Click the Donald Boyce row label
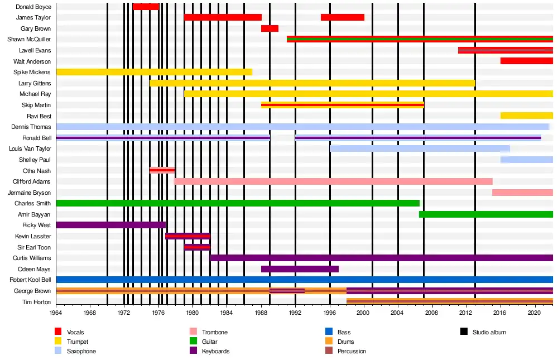pos(33,7)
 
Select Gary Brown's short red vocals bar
pos(270,28)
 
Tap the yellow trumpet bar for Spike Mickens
pos(154,72)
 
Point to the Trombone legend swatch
pos(194,332)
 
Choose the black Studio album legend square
pos(464,332)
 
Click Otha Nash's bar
pos(162,170)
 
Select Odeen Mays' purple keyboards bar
pos(300,269)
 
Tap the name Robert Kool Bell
pos(30,280)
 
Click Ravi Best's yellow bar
pos(526,116)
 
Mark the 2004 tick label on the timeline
pos(398,314)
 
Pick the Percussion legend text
pos(352,351)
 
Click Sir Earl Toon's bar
pos(197,247)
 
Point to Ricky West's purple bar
pos(110,225)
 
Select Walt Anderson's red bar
pos(526,61)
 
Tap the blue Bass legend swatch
pos(329,332)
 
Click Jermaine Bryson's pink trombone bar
pos(522,193)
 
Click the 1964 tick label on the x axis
pos(56,314)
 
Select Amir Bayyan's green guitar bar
pos(485,214)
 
